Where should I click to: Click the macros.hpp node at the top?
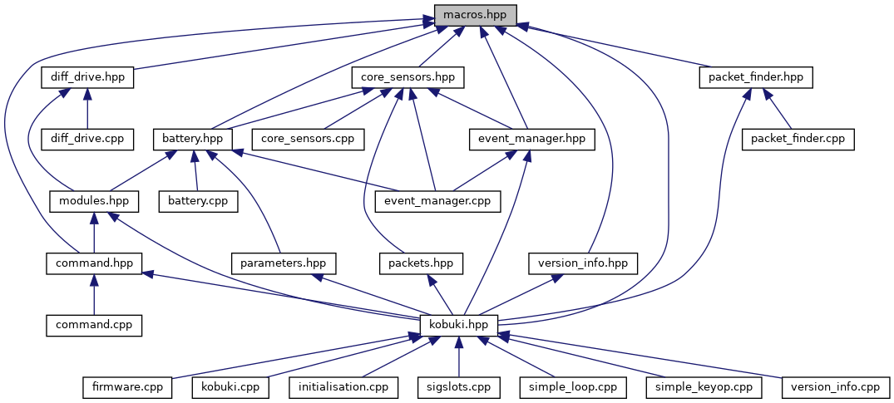(x=475, y=15)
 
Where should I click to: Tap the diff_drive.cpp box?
(x=88, y=138)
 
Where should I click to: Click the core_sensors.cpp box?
(x=309, y=138)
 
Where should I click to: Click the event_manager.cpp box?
(x=433, y=200)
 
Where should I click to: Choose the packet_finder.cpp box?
(x=798, y=138)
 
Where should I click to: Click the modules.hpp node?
(x=94, y=200)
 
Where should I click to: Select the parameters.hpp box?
(x=284, y=263)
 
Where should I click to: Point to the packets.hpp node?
(x=421, y=263)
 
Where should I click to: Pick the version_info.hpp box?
(x=583, y=263)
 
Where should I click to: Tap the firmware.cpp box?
(x=127, y=386)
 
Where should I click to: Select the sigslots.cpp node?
(x=458, y=386)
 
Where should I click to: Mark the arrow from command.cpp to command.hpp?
(x=94, y=294)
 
